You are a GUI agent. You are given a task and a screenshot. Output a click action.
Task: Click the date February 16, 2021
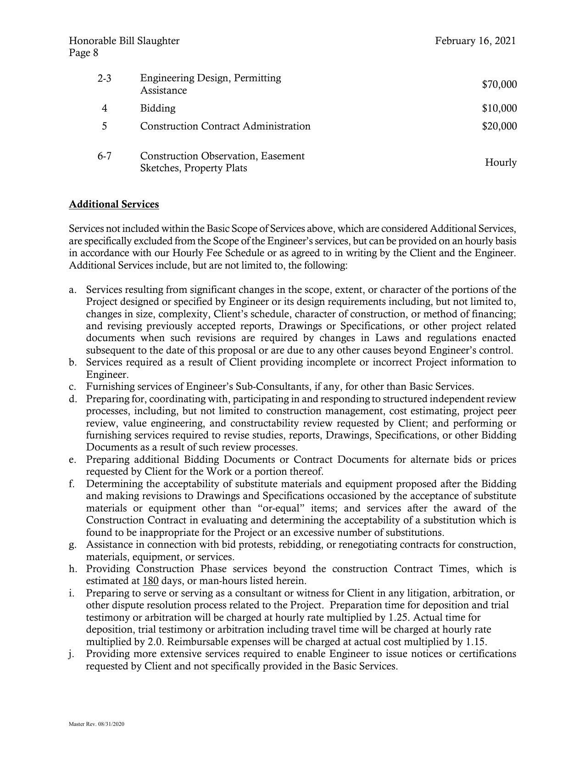(475, 41)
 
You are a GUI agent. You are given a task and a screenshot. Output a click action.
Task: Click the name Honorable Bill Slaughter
(124, 41)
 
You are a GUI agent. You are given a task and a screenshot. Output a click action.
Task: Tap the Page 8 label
(84, 53)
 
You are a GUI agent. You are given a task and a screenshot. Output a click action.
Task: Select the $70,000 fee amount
(499, 84)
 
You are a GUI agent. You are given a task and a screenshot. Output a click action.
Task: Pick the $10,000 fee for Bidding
(499, 108)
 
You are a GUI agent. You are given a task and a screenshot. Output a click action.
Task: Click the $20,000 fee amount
(499, 126)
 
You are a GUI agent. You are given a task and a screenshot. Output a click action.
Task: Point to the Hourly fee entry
(501, 163)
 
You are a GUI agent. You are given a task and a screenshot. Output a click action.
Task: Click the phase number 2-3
(104, 79)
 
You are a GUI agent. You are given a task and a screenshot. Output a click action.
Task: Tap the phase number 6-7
(104, 156)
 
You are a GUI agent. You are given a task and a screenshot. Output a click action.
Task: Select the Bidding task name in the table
(158, 108)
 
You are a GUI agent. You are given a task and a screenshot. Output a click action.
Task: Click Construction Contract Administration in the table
(225, 126)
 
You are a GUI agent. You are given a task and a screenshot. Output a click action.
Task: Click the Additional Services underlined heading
(114, 204)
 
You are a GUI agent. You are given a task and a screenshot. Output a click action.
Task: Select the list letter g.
(72, 545)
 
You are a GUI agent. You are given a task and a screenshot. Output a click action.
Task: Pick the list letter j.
(72, 654)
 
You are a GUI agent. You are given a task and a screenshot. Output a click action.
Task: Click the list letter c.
(72, 387)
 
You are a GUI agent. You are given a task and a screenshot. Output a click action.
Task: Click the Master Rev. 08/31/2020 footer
(96, 724)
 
